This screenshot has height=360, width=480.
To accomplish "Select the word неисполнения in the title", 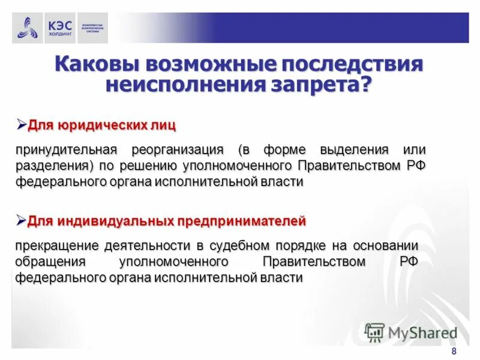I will point(180,84).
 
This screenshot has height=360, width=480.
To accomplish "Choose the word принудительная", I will point(67,149).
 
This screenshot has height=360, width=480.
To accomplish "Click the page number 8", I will point(454,351).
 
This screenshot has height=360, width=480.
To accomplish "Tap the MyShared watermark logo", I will point(410,332).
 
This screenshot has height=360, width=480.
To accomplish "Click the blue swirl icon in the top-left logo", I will point(28,28).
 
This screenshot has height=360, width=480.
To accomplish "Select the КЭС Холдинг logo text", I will point(59,28).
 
